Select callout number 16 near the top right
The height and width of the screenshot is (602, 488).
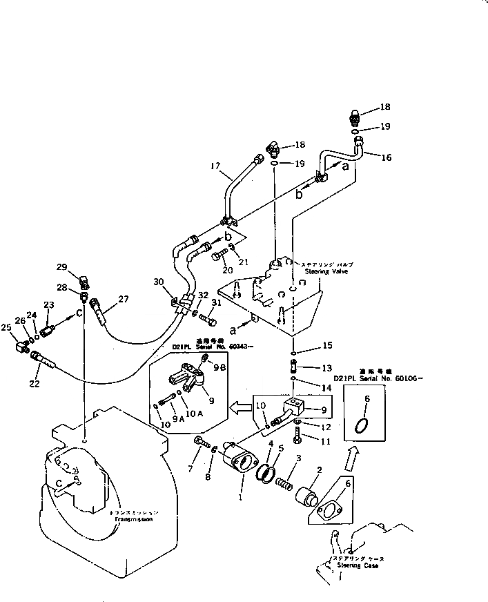tap(386, 157)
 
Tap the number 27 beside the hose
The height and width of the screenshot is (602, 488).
tap(124, 299)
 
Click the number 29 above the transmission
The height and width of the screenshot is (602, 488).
tap(61, 268)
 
